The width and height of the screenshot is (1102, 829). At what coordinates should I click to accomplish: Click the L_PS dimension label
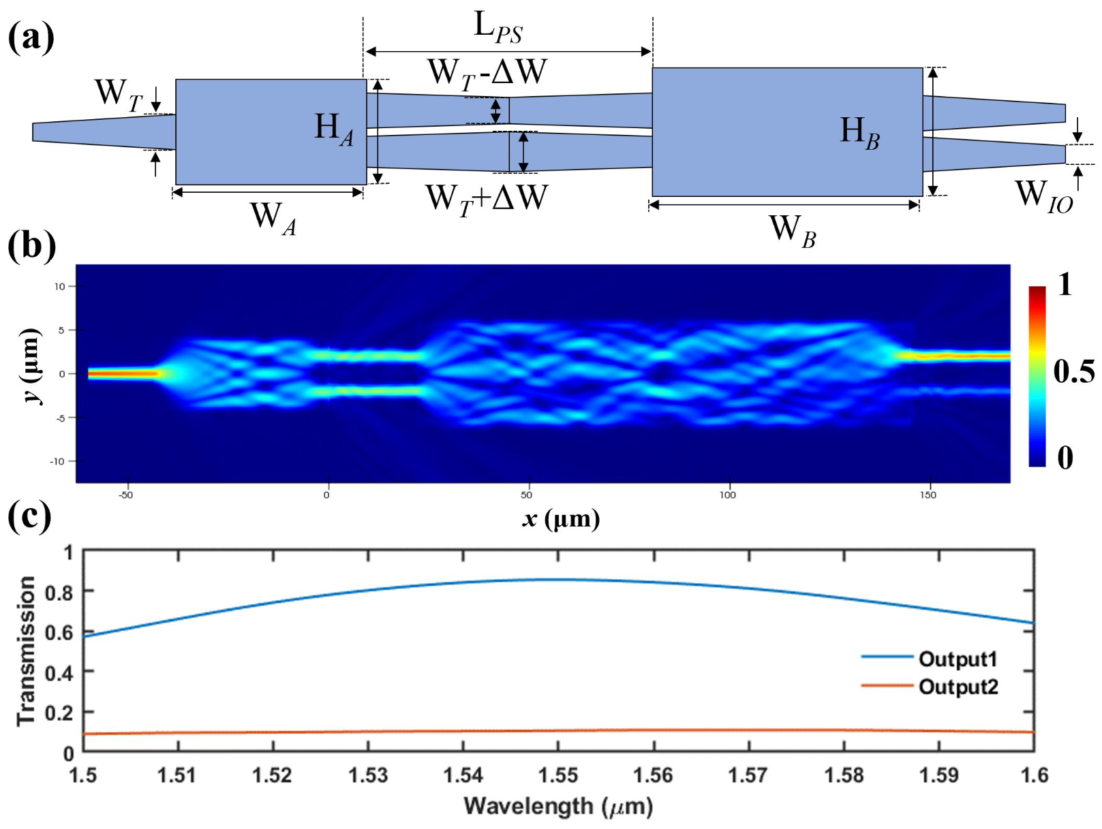(498, 28)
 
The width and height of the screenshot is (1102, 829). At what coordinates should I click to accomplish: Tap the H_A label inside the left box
(334, 129)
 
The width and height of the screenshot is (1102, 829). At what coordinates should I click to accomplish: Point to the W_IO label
(1043, 196)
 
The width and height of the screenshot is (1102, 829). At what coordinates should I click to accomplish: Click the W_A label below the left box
(273, 217)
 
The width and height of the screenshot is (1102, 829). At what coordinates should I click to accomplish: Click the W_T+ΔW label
(487, 200)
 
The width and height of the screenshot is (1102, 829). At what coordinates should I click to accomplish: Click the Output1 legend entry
(958, 659)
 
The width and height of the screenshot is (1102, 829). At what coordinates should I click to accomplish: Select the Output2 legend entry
(958, 687)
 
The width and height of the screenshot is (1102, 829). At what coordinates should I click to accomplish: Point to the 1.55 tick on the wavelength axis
(558, 775)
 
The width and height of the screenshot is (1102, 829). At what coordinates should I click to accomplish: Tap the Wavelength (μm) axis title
(558, 807)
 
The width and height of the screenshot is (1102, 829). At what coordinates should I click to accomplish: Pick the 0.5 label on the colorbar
(1073, 372)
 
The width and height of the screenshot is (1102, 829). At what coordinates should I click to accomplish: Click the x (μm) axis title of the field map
(561, 519)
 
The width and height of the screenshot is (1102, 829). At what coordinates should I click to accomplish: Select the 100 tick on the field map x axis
(727, 495)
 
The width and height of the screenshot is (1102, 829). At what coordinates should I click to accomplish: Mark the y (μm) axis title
(31, 366)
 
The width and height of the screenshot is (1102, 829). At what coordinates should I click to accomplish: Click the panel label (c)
(29, 516)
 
